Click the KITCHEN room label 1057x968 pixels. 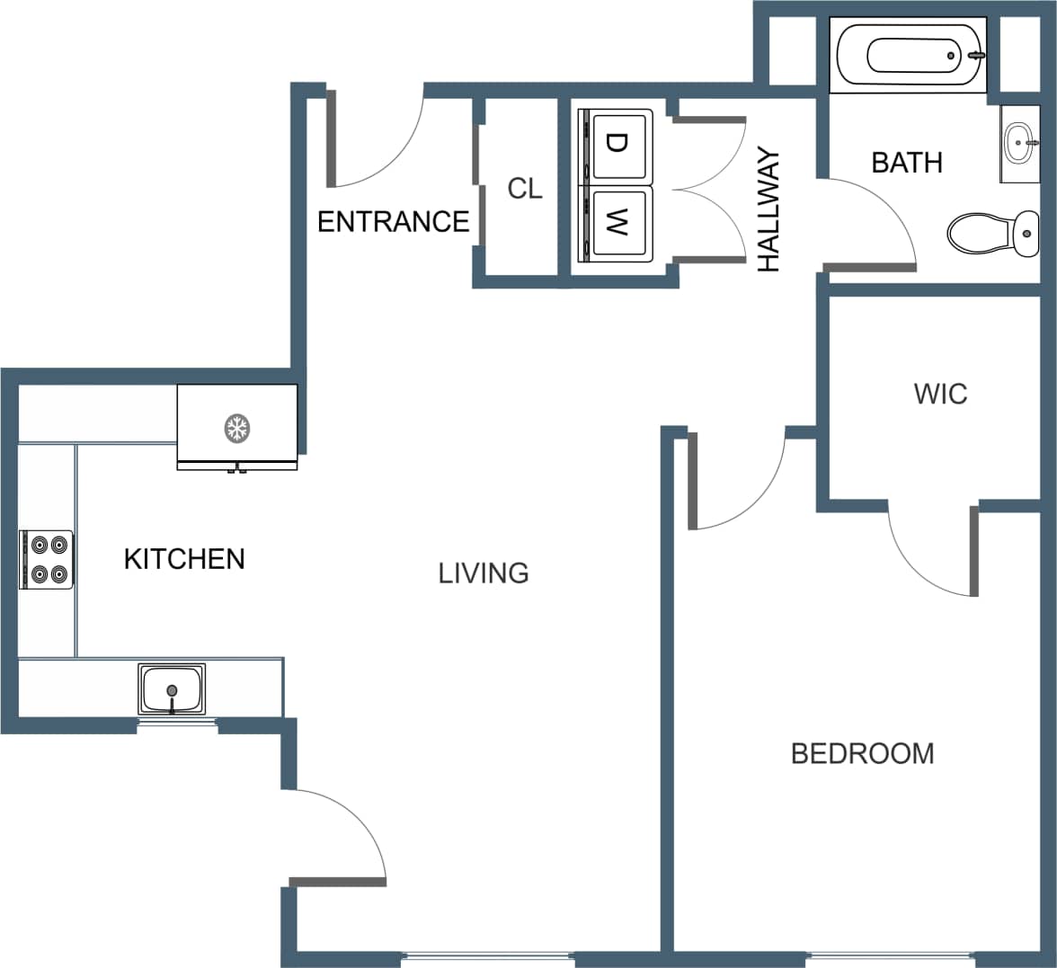pos(184,558)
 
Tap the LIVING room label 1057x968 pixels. pos(484,573)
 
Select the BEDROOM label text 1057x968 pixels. pos(862,752)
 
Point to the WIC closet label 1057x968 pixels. pos(940,394)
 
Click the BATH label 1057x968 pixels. pos(907,163)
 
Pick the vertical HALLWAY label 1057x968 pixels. pos(769,211)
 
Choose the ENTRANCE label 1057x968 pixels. pos(393,221)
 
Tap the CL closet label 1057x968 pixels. pos(525,189)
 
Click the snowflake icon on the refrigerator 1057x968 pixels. pos(236,428)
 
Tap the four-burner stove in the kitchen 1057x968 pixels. pos(47,559)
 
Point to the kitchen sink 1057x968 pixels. pos(172,688)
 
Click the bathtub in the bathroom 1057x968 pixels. pos(910,54)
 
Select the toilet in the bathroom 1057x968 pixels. pos(992,233)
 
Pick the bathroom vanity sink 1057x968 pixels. pos(1019,143)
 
